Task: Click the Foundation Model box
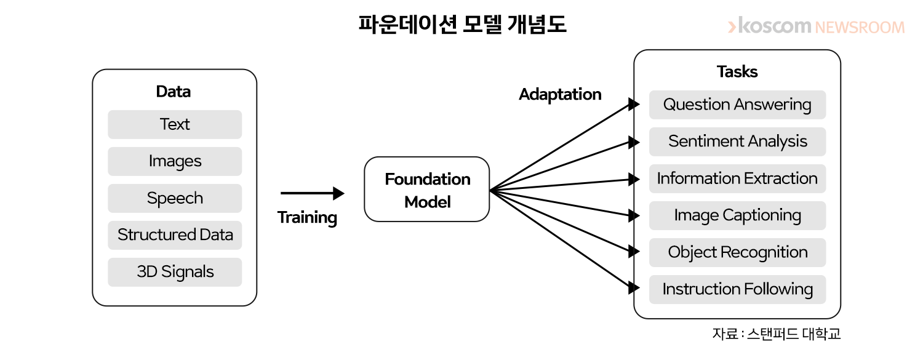427,190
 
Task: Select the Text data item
175,124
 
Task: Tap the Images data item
175,161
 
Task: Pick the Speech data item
175,198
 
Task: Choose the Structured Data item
175,235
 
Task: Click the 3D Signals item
175,272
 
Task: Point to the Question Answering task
737,105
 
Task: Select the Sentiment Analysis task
737,142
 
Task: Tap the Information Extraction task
737,178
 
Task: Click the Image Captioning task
737,215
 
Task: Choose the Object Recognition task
737,252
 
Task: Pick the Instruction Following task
737,289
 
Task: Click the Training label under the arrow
307,218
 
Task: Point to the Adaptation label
560,95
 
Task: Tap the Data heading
174,92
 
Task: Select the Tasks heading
737,71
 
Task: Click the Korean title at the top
462,24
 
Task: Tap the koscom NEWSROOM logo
817,26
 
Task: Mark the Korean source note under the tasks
777,334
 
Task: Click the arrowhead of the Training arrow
338,193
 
